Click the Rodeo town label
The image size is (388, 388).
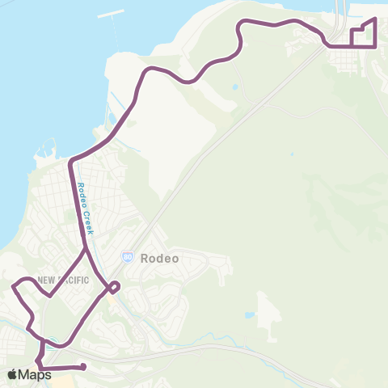158,259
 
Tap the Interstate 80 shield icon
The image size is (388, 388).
128,256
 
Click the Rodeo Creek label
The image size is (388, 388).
86,208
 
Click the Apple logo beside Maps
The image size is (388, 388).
12,374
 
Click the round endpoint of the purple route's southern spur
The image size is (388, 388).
83,368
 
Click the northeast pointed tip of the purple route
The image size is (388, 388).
375,19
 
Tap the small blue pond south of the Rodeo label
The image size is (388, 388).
249,314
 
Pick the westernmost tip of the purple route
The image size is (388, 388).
13,285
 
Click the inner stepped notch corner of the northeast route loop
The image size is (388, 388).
361,30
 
